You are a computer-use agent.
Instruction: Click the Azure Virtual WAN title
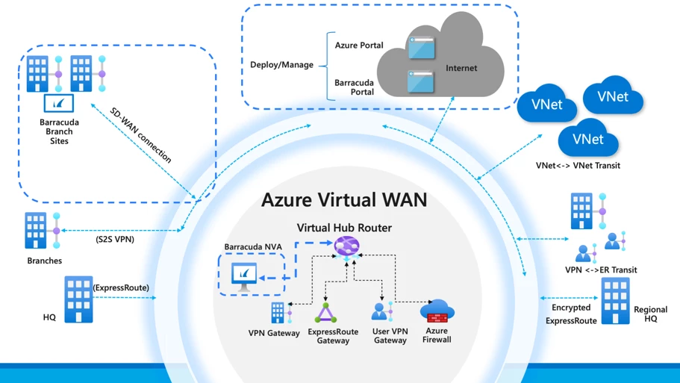[344, 200]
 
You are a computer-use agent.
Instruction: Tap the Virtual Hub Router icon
[346, 245]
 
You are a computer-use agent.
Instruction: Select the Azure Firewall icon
[437, 311]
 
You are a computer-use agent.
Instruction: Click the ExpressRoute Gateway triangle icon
[325, 314]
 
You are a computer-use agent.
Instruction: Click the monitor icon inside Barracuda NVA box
[244, 276]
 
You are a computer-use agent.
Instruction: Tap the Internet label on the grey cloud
[461, 69]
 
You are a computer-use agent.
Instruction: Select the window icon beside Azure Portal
[421, 49]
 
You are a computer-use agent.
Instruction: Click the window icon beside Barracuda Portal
[421, 81]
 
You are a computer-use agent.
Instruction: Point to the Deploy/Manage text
[281, 65]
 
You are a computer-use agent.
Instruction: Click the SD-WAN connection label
[141, 135]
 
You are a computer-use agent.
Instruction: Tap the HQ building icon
[78, 299]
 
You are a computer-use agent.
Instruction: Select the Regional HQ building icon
[616, 302]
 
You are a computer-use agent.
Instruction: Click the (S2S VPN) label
[114, 240]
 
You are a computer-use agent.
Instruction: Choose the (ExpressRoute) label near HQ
[121, 287]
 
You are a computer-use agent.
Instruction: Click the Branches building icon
[37, 231]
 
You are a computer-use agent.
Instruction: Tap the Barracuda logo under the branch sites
[59, 103]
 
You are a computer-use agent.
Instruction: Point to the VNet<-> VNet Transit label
[577, 166]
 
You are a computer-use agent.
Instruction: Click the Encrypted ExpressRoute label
[571, 314]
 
